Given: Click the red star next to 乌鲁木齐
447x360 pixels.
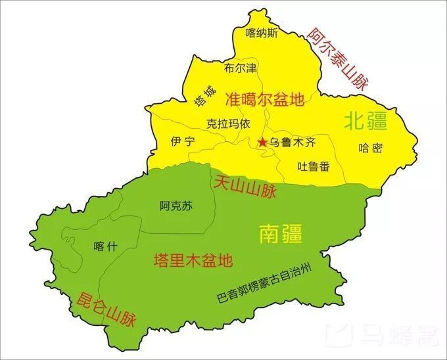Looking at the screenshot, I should pyautogui.click(x=262, y=142).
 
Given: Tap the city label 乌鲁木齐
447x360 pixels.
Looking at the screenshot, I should pyautogui.click(x=293, y=142).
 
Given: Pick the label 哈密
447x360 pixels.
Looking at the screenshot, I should pyautogui.click(x=371, y=147).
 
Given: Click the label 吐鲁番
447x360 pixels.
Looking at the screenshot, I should pyautogui.click(x=314, y=166).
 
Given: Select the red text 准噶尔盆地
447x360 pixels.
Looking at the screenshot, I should pyautogui.click(x=265, y=100).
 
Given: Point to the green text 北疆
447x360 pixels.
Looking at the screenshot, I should pyautogui.click(x=366, y=120).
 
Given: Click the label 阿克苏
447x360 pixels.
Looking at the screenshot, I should pyautogui.click(x=176, y=206).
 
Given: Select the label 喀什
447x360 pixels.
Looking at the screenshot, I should pyautogui.click(x=105, y=246).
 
